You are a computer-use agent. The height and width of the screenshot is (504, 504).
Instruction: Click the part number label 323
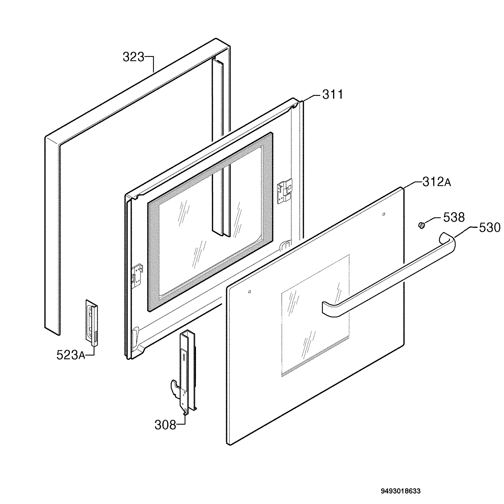133,57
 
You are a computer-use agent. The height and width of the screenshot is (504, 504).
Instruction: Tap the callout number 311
333,94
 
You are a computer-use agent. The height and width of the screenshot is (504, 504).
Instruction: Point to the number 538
454,217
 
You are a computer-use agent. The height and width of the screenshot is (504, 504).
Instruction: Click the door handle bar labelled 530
389,274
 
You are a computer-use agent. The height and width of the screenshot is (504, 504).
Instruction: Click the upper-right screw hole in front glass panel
383,214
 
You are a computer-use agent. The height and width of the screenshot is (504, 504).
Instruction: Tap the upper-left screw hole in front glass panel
250,292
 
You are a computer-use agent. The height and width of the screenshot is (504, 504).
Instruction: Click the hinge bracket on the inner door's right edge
285,191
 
